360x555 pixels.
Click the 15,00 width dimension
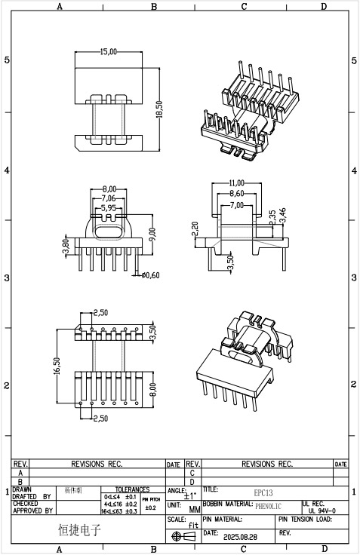click(109, 52)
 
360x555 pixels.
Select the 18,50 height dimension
click(159, 110)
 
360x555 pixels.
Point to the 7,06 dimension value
click(109, 198)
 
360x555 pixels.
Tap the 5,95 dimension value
click(109, 207)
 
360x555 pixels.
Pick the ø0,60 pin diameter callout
click(151, 274)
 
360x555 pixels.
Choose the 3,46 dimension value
click(283, 216)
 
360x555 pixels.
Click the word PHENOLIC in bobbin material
click(268, 506)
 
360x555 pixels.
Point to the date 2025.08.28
click(241, 537)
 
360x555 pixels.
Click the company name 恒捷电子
click(79, 530)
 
